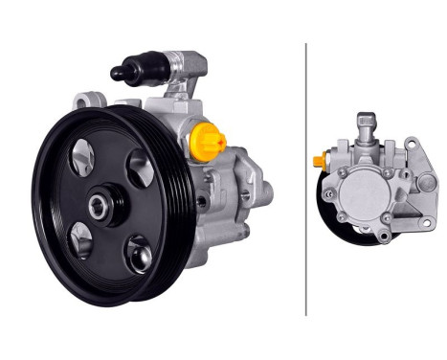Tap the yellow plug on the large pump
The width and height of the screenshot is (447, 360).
[x=209, y=143]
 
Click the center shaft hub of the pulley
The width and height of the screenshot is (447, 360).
[x=102, y=205]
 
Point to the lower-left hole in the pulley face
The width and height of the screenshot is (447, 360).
[x=81, y=239]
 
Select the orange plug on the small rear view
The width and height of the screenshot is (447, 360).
[x=318, y=161]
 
